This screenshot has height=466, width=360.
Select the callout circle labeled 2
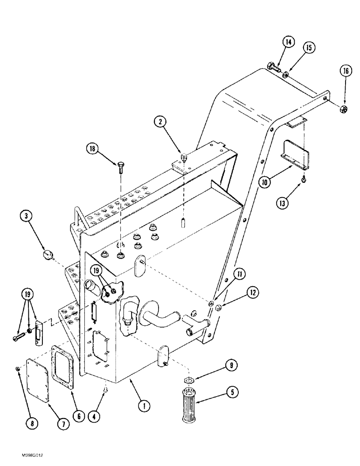click(x=160, y=122)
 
